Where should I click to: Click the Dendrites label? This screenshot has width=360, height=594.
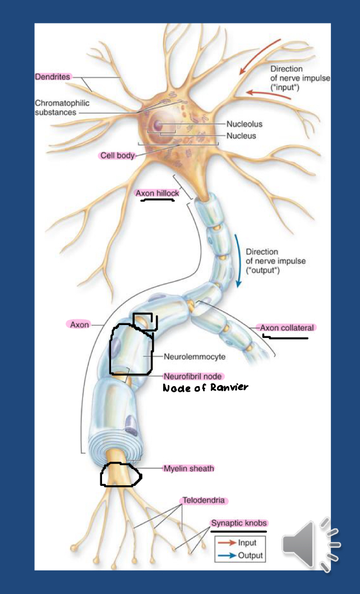53,77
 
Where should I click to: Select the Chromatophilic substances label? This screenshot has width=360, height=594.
62,108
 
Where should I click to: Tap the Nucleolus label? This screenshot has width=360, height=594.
244,124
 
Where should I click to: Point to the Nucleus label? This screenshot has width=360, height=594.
241,136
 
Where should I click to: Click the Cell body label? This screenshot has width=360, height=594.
117,155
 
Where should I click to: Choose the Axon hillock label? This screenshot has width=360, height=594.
157,193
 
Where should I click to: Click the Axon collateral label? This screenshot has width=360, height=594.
287,327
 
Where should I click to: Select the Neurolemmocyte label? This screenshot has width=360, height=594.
195,356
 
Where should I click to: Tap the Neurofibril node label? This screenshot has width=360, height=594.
193,376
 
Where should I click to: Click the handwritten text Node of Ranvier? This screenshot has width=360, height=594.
205,388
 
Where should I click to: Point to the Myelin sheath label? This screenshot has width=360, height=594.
188,468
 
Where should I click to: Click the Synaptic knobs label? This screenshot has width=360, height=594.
238,523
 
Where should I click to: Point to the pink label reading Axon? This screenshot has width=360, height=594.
79,324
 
